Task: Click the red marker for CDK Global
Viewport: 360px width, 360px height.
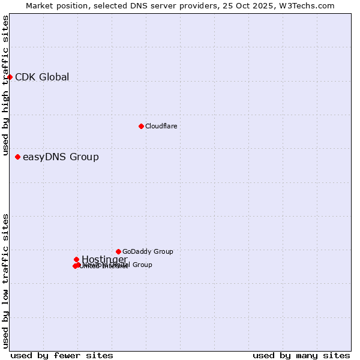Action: (x=10, y=77)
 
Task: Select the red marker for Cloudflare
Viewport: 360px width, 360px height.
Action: (x=141, y=126)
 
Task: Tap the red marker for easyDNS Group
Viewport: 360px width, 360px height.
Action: (x=17, y=157)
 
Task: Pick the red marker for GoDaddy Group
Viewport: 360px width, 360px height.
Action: (x=118, y=251)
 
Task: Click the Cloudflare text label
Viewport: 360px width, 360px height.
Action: (x=161, y=126)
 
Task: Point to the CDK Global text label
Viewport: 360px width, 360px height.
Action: (x=42, y=77)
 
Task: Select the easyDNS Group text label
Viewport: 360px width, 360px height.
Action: (x=61, y=157)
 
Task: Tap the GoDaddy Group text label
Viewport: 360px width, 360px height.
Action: (x=148, y=251)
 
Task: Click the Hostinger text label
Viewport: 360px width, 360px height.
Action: (x=104, y=259)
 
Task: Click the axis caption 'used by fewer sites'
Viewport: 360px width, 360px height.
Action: (x=62, y=355)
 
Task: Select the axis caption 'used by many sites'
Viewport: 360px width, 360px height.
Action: (x=301, y=355)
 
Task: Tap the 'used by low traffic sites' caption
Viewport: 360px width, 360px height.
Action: (x=6, y=281)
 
